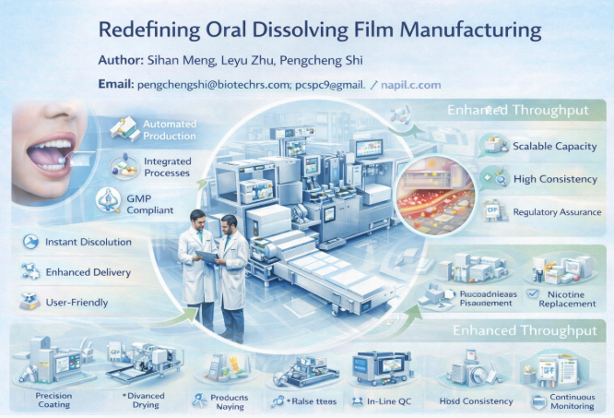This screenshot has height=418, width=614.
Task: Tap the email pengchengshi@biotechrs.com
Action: click(x=211, y=84)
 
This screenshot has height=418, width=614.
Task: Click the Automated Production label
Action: click(x=170, y=129)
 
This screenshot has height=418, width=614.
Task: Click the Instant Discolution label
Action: click(x=89, y=242)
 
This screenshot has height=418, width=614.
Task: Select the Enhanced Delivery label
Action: click(x=89, y=272)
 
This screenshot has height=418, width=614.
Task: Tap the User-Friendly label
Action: click(x=77, y=302)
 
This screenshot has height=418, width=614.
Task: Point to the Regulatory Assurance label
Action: click(x=557, y=212)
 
